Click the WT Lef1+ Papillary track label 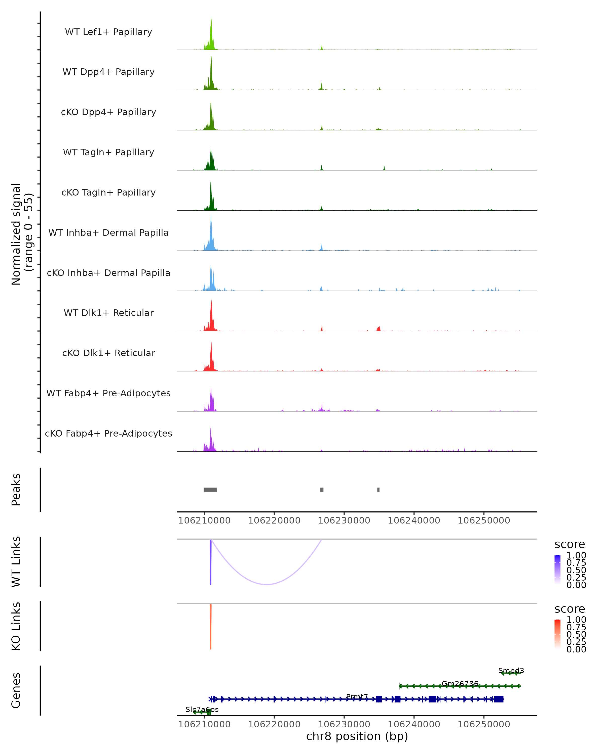pyautogui.click(x=108, y=32)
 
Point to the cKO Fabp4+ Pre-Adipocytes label pyautogui.click(x=108, y=433)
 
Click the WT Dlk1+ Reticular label pyautogui.click(x=108, y=313)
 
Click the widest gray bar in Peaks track pyautogui.click(x=210, y=490)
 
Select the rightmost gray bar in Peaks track pyautogui.click(x=379, y=490)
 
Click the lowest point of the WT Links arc pyautogui.click(x=267, y=584)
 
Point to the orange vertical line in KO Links pyautogui.click(x=210, y=626)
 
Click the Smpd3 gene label pyautogui.click(x=511, y=670)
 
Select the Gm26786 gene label pyautogui.click(x=460, y=683)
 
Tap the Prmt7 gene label pyautogui.click(x=357, y=696)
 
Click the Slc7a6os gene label pyautogui.click(x=202, y=709)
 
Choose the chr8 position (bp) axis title pyautogui.click(x=357, y=736)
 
